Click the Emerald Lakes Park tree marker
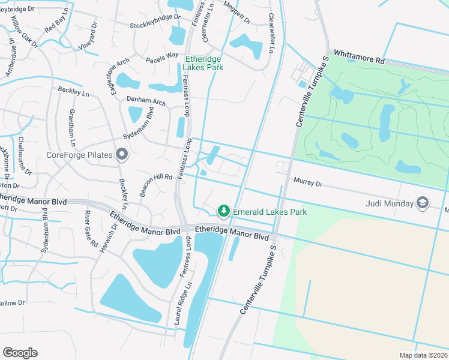pos(224,211)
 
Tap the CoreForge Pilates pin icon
pos(122,155)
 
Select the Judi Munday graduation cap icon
pos(423,203)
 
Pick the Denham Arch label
pos(146,102)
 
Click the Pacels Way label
pos(162,58)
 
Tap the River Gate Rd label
pos(91,229)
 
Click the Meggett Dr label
pos(237,12)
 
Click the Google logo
pos(20,353)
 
